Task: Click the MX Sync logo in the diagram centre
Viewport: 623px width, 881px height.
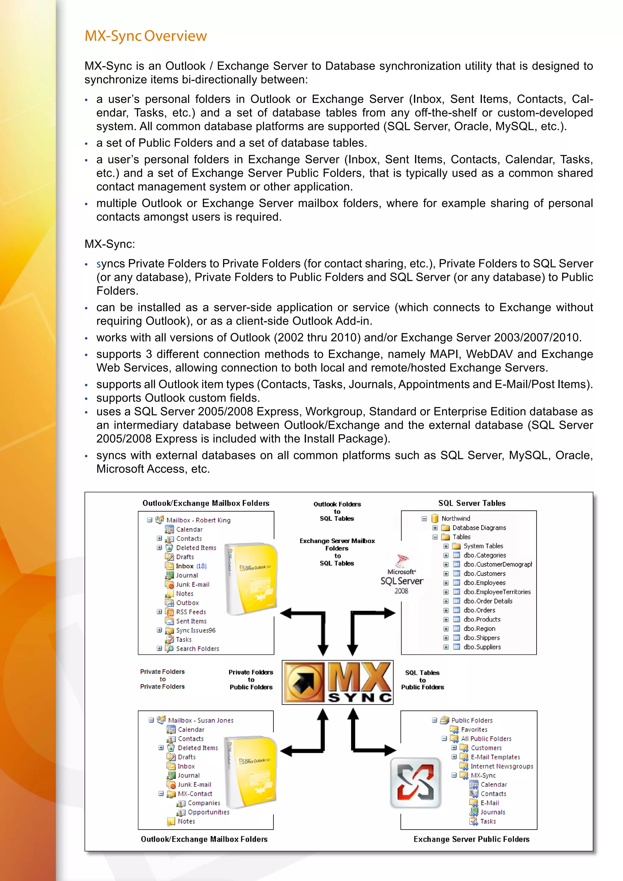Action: (338, 683)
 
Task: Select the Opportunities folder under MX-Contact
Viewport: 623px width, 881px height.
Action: (208, 812)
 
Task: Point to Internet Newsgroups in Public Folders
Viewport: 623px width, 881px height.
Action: (501, 766)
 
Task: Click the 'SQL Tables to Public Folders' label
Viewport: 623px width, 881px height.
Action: (422, 680)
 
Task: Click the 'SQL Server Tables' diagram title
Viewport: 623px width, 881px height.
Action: (472, 503)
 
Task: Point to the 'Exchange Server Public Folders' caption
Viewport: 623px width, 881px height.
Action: (471, 839)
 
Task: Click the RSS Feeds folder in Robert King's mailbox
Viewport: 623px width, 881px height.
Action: (191, 612)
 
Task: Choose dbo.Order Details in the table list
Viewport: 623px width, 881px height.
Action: (488, 601)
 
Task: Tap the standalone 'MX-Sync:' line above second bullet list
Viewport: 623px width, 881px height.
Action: (110, 244)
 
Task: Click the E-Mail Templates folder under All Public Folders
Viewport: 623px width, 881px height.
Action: (495, 757)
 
